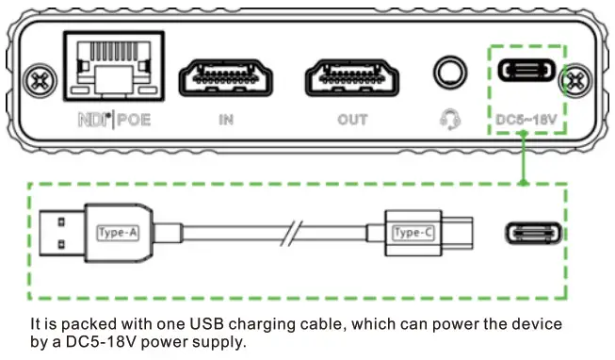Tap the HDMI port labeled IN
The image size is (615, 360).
[225, 78]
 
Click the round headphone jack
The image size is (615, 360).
[448, 75]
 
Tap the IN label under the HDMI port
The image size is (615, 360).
[225, 121]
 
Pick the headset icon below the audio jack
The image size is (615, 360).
[449, 120]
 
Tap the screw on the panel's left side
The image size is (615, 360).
[39, 75]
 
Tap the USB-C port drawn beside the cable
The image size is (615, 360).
[534, 232]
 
